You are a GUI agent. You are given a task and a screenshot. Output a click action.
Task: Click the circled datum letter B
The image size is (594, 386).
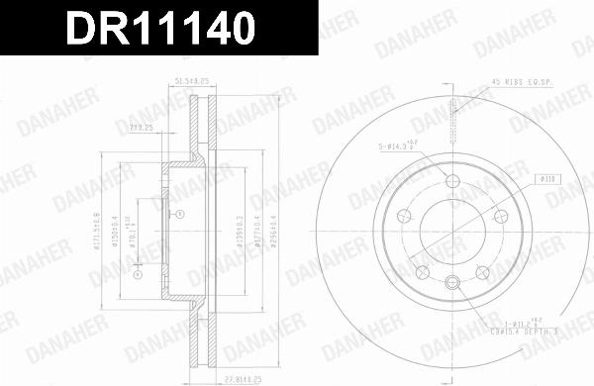click(x=178, y=214)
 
